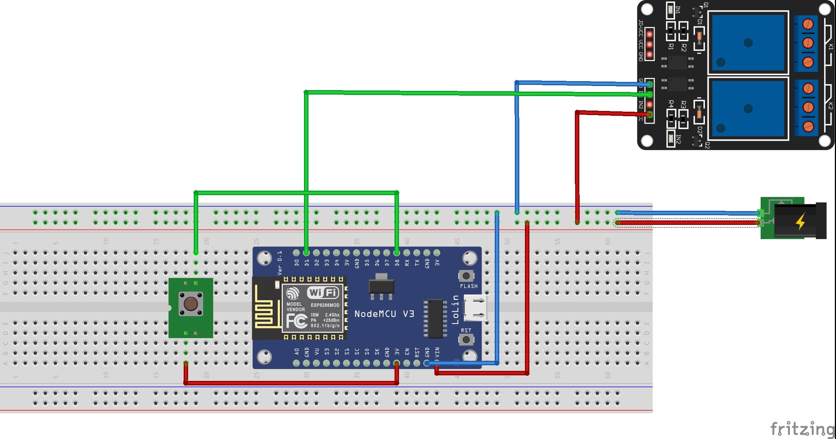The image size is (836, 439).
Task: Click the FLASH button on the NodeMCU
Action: (x=466, y=276)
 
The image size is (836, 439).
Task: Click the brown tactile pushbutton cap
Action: (x=191, y=304)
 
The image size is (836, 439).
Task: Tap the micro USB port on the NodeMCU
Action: (x=475, y=308)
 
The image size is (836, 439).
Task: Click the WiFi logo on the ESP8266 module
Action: (x=323, y=293)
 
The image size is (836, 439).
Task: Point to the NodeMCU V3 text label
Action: (x=384, y=314)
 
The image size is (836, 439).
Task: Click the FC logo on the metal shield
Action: (x=297, y=321)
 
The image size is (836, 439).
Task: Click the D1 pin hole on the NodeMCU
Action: (x=306, y=253)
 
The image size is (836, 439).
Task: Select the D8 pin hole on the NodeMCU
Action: (x=397, y=253)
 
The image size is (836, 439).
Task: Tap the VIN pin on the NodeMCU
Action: (x=437, y=363)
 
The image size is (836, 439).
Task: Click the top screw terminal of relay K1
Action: (x=808, y=25)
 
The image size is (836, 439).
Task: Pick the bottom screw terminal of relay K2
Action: (x=808, y=126)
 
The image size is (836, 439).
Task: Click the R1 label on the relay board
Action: (x=671, y=47)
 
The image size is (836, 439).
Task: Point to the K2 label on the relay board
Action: (x=830, y=106)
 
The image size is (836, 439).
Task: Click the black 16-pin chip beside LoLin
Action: (x=435, y=319)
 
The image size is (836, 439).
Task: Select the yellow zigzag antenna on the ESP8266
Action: (x=266, y=308)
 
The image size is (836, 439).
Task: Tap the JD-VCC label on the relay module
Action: (x=641, y=28)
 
